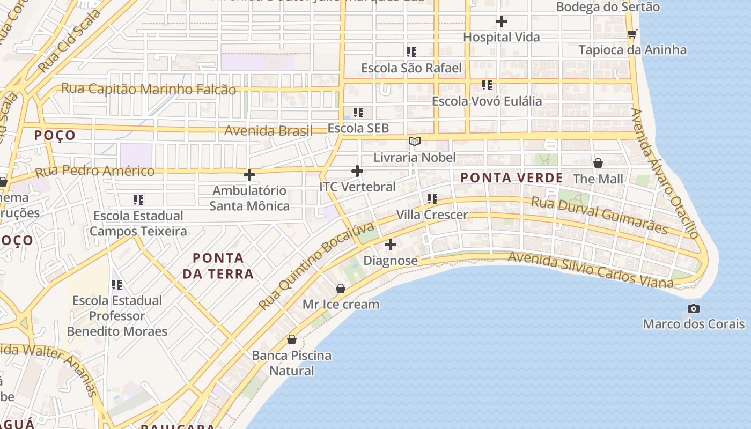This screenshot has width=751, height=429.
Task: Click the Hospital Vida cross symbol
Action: [x=501, y=21]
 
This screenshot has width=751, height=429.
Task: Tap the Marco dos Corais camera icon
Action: [x=694, y=308]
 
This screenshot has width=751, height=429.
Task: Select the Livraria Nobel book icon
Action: [x=414, y=141]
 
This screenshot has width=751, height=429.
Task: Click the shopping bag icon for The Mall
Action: [x=598, y=162]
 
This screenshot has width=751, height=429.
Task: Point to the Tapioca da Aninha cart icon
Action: [x=632, y=34]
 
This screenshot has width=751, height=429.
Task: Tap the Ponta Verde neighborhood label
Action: [x=512, y=177]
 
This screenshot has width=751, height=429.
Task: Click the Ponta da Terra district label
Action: [x=218, y=266]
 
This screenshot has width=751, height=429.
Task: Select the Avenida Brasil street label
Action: [x=268, y=130]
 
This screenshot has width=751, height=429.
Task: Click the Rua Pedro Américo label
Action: [x=95, y=172]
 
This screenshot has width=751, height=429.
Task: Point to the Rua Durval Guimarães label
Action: [x=599, y=215]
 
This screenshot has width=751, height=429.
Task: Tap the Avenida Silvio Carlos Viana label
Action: [x=590, y=270]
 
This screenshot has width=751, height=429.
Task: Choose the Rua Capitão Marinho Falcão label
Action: [x=149, y=88]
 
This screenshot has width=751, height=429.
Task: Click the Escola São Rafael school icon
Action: [x=411, y=52]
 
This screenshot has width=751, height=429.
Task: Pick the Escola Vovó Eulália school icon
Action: [x=487, y=85]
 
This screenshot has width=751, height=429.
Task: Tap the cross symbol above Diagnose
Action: [x=391, y=245]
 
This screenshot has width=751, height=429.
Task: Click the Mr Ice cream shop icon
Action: [x=340, y=289]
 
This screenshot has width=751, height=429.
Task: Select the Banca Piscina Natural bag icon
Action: [x=292, y=339]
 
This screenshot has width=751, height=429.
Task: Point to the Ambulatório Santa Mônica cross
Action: [x=249, y=175]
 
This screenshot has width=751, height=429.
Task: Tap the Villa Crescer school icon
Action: [x=432, y=199]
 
